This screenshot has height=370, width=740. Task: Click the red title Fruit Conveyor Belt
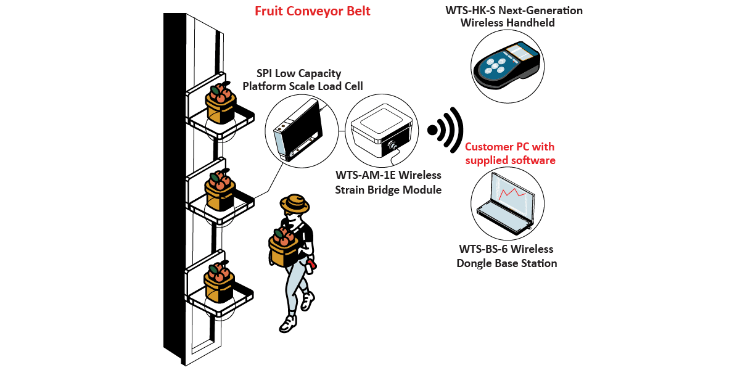click(x=312, y=11)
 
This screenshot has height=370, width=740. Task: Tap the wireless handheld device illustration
click(x=507, y=65)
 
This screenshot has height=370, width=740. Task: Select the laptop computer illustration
click(x=506, y=203)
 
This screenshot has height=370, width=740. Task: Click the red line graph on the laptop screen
click(x=512, y=194)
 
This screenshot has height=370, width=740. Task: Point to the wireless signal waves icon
click(x=446, y=130)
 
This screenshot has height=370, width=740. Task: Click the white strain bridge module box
click(x=382, y=130)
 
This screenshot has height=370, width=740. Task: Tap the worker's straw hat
click(x=294, y=203)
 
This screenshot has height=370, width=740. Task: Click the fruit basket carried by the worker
click(x=284, y=246)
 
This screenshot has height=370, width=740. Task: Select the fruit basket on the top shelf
click(x=220, y=103)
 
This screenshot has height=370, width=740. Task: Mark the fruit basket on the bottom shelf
click(x=219, y=282)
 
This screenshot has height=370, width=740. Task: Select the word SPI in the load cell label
click(x=265, y=73)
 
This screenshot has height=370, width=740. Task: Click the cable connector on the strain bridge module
click(x=392, y=146)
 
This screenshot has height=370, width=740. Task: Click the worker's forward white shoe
click(x=287, y=324)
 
